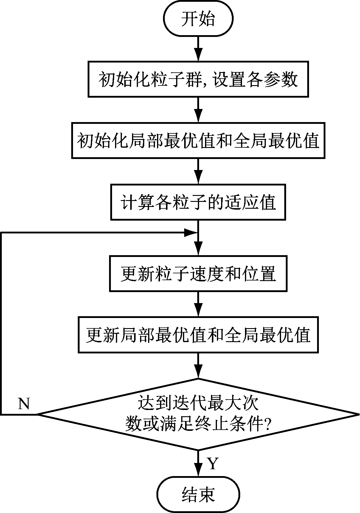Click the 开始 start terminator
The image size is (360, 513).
[x=198, y=19]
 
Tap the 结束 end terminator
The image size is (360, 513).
[x=198, y=495]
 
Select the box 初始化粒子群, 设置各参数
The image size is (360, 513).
[x=198, y=79]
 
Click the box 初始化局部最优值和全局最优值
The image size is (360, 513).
[x=198, y=141]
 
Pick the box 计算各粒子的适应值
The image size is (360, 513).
[x=198, y=202]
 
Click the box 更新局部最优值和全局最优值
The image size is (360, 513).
[x=198, y=335]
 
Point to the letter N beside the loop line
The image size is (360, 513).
[x=24, y=404]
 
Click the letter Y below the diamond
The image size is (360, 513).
[x=212, y=464]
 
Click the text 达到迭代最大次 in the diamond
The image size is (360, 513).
[x=198, y=404]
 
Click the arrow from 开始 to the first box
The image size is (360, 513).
[x=198, y=49]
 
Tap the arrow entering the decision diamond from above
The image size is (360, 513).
[x=198, y=366]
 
